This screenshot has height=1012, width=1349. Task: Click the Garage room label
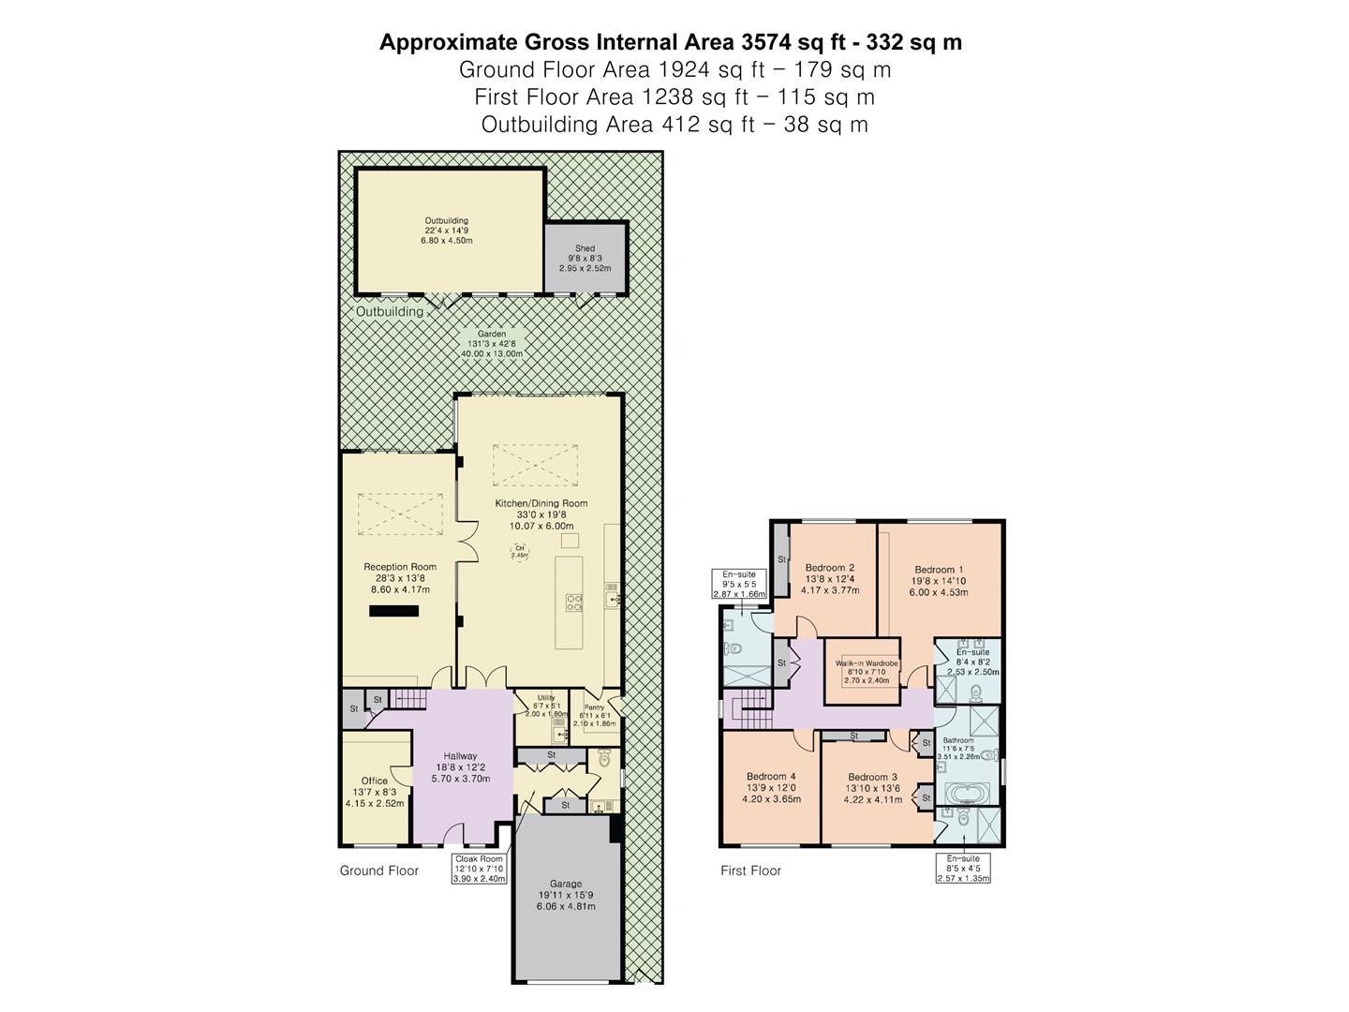coord(566,895)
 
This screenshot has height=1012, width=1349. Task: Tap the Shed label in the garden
coord(585,258)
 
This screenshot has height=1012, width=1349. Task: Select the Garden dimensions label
coord(492,345)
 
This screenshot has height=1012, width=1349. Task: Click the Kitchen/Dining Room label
coord(541,514)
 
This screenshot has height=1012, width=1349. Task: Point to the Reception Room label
coord(400,577)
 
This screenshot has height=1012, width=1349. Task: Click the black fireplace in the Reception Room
coord(393,611)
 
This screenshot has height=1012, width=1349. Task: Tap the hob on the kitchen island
coord(573,602)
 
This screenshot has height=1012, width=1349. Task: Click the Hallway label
coord(460,766)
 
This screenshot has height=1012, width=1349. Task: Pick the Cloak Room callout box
coord(480,869)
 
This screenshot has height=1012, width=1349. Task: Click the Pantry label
coord(594,715)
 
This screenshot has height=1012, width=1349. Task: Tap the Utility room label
coord(546,705)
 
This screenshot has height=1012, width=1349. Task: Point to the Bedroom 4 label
coord(771,787)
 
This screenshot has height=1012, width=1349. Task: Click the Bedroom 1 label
coord(938,580)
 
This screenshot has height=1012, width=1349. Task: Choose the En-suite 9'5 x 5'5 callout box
coord(739,583)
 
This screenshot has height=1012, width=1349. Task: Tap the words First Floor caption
coord(750,871)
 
